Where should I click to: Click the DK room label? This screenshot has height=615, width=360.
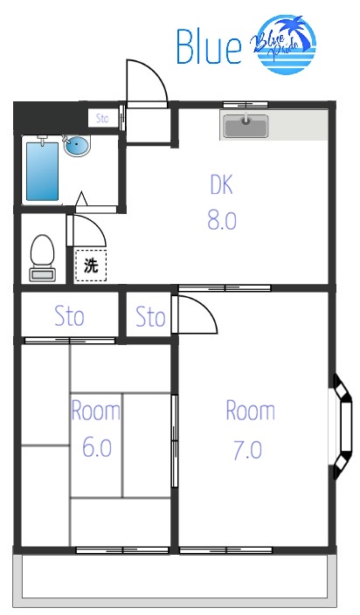click(222, 184)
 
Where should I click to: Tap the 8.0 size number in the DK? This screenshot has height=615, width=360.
click(222, 220)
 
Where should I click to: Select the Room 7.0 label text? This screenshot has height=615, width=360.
click(250, 430)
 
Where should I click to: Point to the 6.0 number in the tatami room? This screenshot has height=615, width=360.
click(97, 447)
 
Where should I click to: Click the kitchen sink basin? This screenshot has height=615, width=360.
click(246, 127)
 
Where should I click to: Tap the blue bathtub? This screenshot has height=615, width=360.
click(42, 171)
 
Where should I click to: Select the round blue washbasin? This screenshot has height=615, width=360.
click(77, 146)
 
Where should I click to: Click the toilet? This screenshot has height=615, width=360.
click(42, 258)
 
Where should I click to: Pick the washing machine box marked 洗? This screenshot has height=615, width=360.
click(91, 266)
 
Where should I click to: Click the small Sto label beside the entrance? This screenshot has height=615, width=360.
click(102, 119)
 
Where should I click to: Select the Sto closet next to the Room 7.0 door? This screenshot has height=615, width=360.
click(149, 316)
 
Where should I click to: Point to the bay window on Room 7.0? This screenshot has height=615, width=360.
click(343, 427)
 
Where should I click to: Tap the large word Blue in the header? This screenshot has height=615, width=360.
click(209, 46)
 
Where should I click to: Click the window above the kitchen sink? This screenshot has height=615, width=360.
click(246, 105)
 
